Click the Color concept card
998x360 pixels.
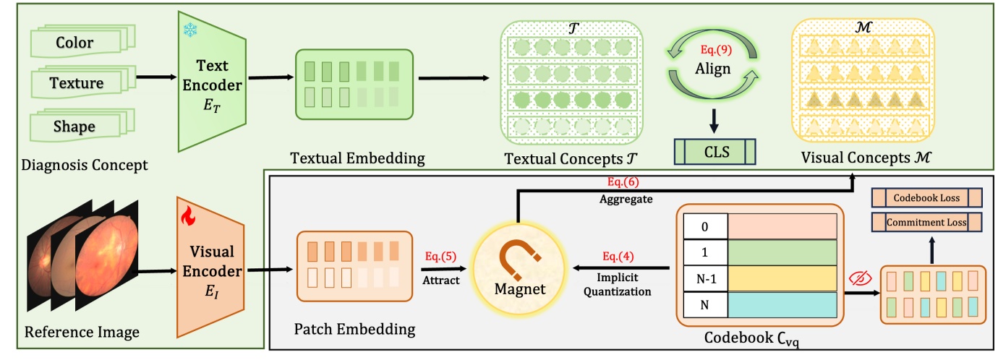pos(74,43)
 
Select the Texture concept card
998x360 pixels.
pos(76,83)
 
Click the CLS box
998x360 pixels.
pos(715,152)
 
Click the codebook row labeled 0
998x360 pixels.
pos(759,226)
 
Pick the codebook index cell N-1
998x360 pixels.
pos(704,278)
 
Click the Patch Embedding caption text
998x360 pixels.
pos(354,330)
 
